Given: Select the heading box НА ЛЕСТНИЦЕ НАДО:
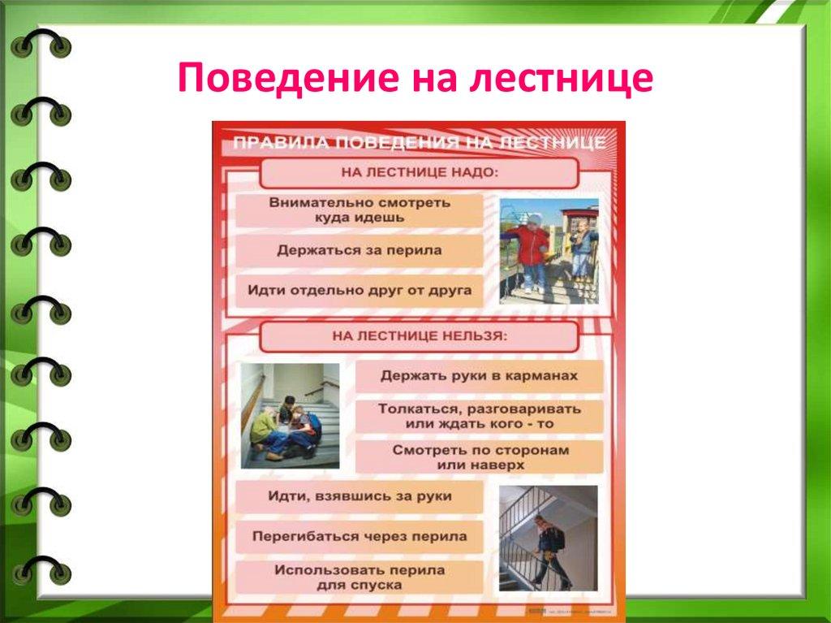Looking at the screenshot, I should [x=419, y=173].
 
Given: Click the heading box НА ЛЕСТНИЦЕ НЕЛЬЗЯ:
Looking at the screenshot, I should [x=419, y=336].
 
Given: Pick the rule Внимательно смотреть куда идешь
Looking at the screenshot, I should [x=359, y=210].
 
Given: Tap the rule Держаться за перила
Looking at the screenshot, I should [x=359, y=251].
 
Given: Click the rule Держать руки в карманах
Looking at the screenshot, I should [x=479, y=377].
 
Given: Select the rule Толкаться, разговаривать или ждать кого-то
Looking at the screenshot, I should [x=479, y=416].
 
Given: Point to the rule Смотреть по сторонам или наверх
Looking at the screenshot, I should [x=479, y=456].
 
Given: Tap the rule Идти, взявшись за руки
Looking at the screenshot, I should [x=359, y=496].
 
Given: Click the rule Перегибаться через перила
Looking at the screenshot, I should [x=359, y=537].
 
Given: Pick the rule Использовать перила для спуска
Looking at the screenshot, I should [x=359, y=577].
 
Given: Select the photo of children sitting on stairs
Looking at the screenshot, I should [x=290, y=415].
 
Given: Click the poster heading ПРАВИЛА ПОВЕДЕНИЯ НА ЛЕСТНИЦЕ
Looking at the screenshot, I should [x=419, y=144].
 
